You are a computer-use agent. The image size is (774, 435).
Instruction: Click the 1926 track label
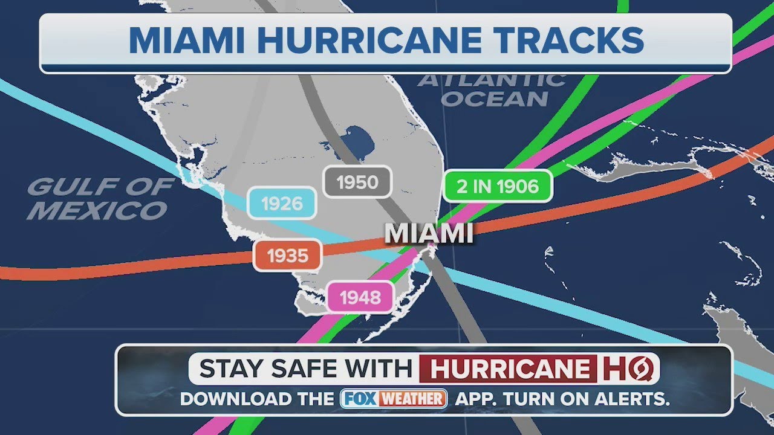click(282, 203)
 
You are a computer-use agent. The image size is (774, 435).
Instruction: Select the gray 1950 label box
click(357, 182)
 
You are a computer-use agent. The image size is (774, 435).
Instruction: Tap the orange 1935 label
click(287, 256)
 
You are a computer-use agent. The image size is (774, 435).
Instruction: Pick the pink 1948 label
click(360, 297)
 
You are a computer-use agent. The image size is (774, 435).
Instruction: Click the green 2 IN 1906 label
click(498, 186)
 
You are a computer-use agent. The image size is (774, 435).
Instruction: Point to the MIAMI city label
click(429, 234)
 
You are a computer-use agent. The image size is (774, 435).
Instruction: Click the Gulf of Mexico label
click(100, 199)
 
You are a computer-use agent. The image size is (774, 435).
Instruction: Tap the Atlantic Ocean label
click(492, 89)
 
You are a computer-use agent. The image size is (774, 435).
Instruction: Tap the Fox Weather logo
click(394, 399)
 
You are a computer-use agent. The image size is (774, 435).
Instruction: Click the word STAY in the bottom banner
click(227, 369)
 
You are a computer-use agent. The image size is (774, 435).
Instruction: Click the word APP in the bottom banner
click(473, 399)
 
